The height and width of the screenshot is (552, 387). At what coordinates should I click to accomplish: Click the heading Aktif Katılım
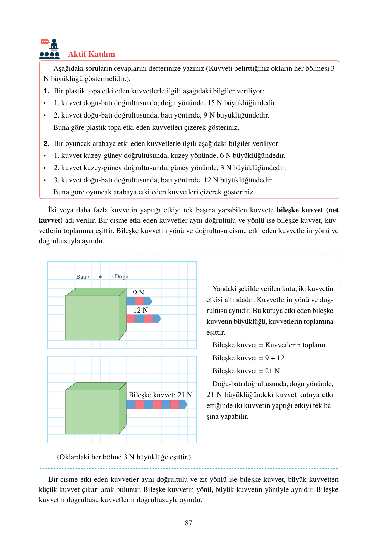[x=91, y=54]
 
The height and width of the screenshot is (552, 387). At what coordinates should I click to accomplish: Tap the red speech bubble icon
[x=45, y=42]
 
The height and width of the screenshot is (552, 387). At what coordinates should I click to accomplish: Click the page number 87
[x=189, y=523]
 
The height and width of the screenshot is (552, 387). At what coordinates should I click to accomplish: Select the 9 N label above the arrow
[x=139, y=293]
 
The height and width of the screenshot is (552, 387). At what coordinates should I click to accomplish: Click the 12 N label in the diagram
[x=141, y=310]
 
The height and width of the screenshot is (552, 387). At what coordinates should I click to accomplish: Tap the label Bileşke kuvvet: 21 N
[x=160, y=395]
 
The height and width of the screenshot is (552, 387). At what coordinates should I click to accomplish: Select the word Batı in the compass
[x=81, y=277]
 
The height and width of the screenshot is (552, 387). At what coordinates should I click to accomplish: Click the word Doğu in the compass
[x=121, y=277]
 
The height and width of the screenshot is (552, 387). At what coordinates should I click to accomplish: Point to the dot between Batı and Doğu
[x=100, y=277]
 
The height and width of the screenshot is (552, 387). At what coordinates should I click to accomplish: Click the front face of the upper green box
[x=92, y=318]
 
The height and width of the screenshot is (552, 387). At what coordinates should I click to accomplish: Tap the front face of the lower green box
[x=92, y=412]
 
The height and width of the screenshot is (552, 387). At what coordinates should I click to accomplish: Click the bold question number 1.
[x=46, y=91]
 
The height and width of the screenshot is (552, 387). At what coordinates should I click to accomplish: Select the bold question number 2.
[x=46, y=144]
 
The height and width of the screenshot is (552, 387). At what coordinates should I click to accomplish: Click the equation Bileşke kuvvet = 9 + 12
[x=248, y=358]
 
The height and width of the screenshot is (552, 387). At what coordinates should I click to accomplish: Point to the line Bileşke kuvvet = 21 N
[x=246, y=371]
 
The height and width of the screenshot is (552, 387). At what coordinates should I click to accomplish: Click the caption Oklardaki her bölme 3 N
[x=124, y=457]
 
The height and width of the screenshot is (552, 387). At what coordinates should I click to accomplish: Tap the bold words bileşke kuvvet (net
[x=307, y=210]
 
